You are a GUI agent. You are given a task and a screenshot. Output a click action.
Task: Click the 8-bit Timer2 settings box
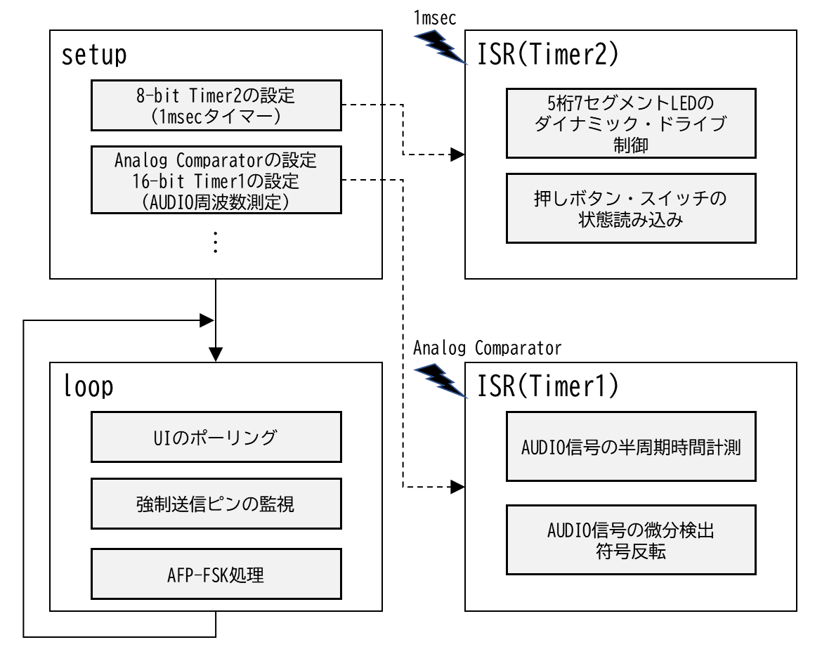(x=216, y=105)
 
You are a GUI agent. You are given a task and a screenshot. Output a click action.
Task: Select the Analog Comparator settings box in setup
(x=216, y=180)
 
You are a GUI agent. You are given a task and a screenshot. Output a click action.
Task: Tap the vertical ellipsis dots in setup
(x=216, y=242)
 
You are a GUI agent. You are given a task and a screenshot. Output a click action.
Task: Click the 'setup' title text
(x=94, y=55)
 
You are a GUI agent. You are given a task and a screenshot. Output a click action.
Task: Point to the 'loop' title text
(x=88, y=386)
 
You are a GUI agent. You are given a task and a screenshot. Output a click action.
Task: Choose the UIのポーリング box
(x=216, y=437)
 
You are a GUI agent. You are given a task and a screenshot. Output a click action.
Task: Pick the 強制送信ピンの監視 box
(x=216, y=504)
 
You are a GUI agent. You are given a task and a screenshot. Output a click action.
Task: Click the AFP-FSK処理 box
(x=216, y=574)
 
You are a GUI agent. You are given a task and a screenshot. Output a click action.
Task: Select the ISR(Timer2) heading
(x=548, y=54)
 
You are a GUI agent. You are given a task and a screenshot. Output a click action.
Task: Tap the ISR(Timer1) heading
(x=548, y=386)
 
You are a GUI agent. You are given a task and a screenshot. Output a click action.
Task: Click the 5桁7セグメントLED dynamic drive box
(x=631, y=123)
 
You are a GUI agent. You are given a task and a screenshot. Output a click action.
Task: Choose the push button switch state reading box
(x=631, y=208)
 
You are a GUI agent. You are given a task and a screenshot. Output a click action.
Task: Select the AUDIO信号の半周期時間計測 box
(x=631, y=447)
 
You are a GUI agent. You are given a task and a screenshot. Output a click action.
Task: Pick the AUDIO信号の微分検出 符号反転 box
(x=631, y=540)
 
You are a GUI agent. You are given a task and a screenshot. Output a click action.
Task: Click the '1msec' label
(x=435, y=18)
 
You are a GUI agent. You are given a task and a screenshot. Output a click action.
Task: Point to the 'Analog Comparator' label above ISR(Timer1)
(x=487, y=348)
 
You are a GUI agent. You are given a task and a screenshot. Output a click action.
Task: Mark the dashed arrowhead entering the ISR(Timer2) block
(x=457, y=155)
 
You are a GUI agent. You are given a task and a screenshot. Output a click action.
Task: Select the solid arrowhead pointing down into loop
(x=216, y=355)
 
